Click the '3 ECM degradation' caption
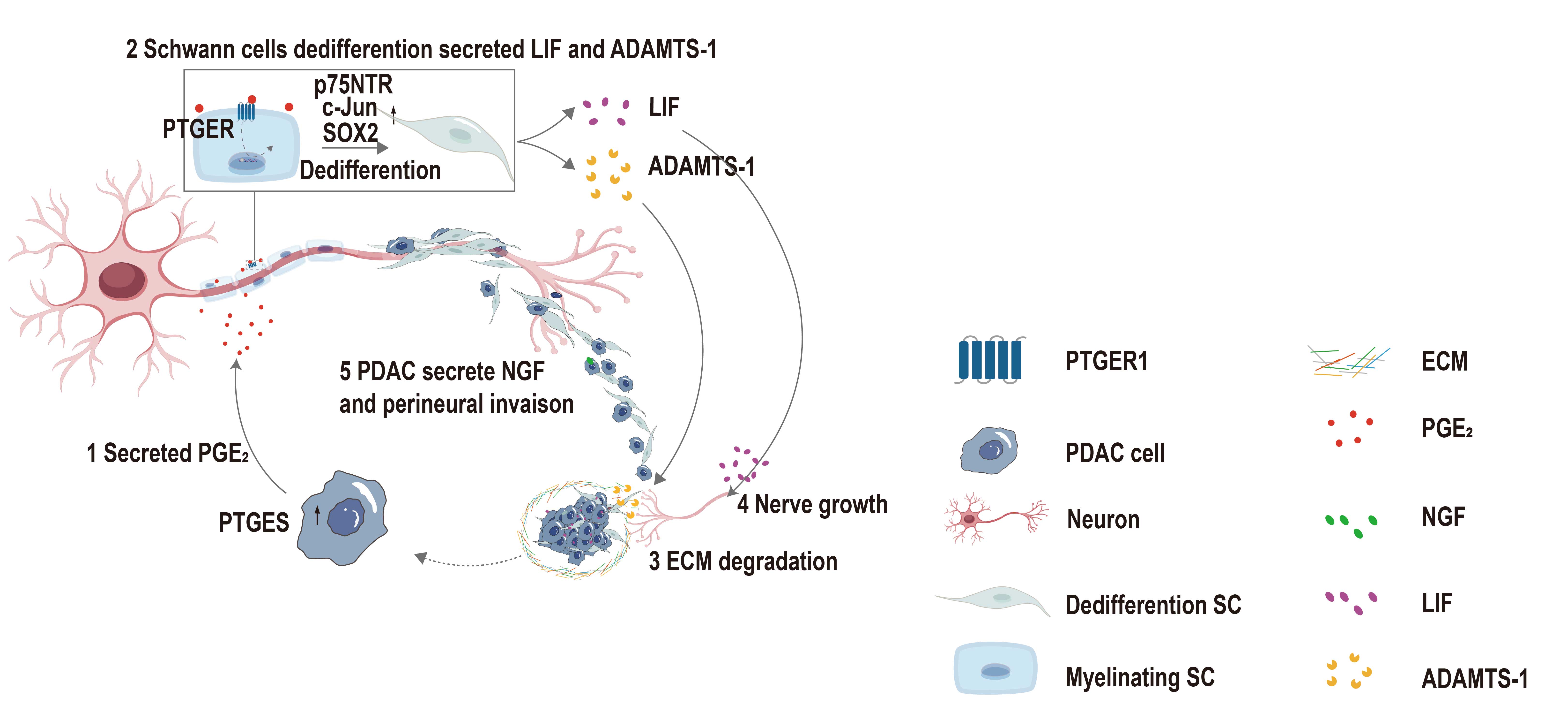[743, 562]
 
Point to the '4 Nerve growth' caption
[812, 505]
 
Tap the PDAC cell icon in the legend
[990, 451]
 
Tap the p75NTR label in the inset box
[353, 85]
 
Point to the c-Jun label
[350, 108]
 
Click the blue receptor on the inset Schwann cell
[246, 112]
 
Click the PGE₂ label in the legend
[1447, 429]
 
